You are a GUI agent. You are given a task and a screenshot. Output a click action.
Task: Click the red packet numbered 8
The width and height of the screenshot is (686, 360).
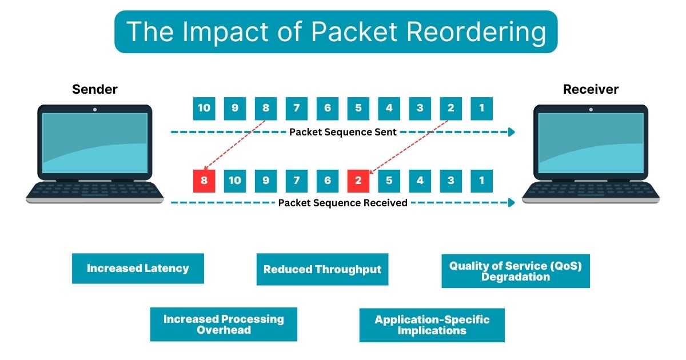tap(204, 181)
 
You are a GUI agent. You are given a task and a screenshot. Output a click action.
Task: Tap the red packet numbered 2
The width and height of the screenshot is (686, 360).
tap(358, 181)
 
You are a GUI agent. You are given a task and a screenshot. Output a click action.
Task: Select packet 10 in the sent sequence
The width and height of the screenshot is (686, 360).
tap(204, 109)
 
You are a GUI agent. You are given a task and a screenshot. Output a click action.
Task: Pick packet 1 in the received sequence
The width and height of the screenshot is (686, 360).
tap(482, 181)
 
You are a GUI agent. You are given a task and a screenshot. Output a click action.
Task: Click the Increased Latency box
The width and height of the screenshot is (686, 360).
tap(138, 269)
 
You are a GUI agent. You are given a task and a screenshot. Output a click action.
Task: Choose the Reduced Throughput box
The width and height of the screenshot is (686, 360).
tap(322, 270)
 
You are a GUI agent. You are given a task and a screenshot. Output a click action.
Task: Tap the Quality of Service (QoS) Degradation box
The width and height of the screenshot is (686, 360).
tap(516, 271)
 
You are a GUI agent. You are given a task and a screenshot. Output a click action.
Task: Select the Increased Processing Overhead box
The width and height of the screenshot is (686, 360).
tap(224, 325)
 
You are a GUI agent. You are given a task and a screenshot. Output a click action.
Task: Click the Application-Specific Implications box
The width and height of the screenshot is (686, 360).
tap(432, 325)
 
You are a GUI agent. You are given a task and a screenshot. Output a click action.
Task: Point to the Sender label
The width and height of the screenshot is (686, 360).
tap(95, 90)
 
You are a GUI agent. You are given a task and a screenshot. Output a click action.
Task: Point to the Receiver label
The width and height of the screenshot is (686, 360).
tap(591, 90)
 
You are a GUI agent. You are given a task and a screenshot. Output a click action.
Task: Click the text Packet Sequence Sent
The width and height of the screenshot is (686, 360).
tap(343, 132)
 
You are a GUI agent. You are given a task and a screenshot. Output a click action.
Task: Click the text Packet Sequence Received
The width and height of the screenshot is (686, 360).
tap(343, 203)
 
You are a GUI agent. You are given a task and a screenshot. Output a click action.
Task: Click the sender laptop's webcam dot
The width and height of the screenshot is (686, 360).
tap(95, 109)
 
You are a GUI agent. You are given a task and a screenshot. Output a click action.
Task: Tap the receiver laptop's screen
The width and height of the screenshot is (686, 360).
tap(591, 143)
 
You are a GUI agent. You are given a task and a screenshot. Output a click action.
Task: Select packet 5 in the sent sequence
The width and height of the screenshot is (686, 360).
tap(358, 109)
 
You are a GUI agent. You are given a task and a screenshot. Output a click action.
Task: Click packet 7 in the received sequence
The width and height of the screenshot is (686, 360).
tap(297, 181)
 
